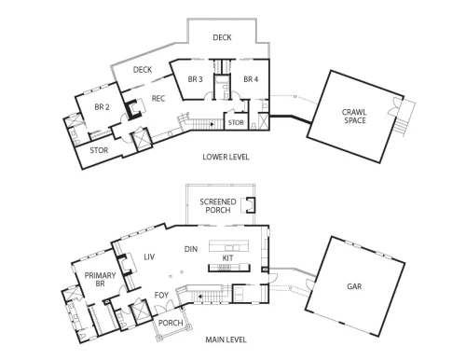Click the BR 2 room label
(102, 107)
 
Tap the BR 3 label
(195, 79)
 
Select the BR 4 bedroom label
(251, 79)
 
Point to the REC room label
(158, 99)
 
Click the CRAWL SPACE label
(354, 117)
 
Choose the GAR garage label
(354, 286)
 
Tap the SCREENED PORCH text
(218, 206)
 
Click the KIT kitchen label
(227, 258)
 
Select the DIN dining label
(191, 249)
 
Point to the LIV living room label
(149, 257)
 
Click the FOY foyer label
(161, 295)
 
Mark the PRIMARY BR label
(100, 280)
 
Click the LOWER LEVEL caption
(226, 157)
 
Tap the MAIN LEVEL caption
(226, 339)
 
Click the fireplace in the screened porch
(249, 205)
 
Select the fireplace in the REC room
(134, 109)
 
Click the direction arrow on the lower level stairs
(212, 124)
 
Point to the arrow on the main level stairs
(200, 297)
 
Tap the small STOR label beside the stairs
(236, 123)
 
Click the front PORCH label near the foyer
(171, 323)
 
